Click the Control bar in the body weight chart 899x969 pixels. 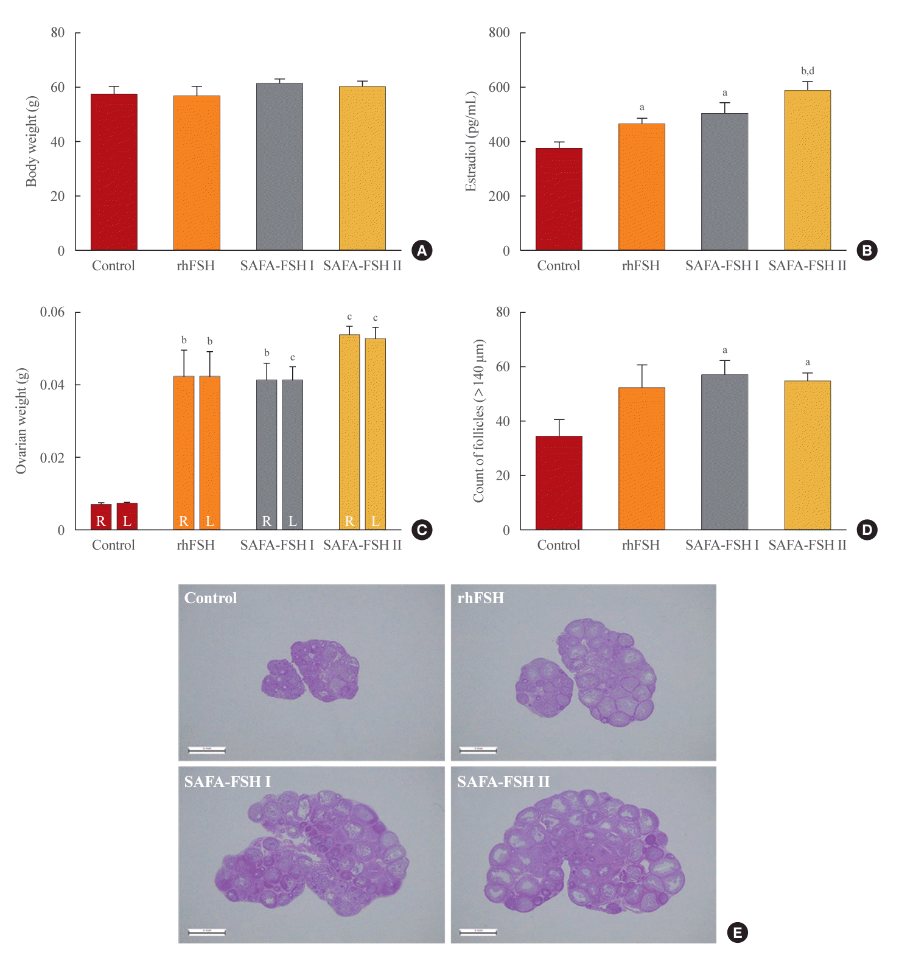(114, 172)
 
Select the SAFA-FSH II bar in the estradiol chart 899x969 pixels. (807, 170)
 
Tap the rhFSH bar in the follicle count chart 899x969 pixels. (642, 458)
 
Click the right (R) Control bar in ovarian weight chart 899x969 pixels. (101, 516)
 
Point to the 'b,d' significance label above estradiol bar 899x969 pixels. (807, 71)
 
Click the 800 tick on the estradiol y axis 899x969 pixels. (499, 33)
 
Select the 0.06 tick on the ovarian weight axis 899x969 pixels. (52, 312)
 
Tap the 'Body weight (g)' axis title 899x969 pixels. (32, 141)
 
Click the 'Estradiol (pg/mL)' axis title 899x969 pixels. (470, 141)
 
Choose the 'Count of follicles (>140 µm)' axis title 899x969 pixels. (479, 421)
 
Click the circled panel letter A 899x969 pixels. (422, 250)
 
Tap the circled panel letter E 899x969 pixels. (738, 932)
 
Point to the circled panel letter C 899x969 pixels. (422, 530)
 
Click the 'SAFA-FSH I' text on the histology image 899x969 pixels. (228, 782)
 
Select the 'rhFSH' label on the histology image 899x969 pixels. (481, 598)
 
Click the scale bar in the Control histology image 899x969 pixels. (207, 750)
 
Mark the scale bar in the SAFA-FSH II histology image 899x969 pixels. (478, 932)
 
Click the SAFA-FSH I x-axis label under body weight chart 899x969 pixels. (277, 266)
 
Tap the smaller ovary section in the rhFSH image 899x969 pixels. (544, 687)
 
